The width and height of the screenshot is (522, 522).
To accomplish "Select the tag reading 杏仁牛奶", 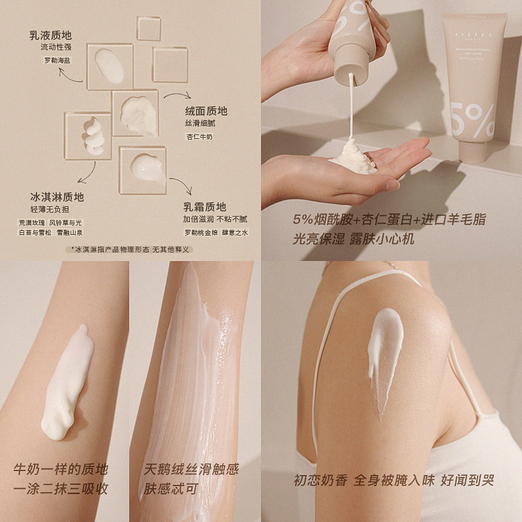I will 200,136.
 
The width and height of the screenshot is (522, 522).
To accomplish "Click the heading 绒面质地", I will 206,110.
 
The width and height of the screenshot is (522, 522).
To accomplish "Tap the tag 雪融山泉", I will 70,233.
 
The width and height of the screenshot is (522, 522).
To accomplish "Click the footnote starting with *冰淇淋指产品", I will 130,249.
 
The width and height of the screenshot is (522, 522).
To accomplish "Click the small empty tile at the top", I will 148,29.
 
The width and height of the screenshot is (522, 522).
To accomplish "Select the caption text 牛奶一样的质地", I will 61,469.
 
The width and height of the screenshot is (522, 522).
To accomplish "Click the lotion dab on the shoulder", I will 382,349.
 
